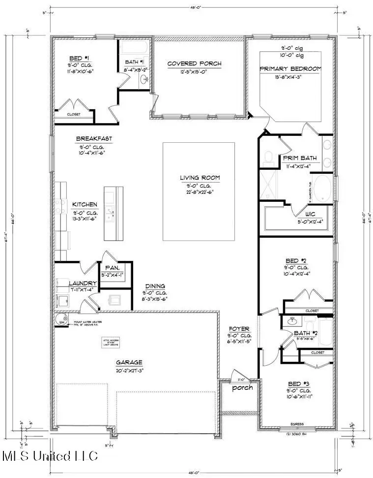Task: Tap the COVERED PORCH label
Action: pos(194,64)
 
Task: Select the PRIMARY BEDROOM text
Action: pos(290,68)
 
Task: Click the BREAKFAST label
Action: pos(94,139)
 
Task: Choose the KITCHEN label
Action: pos(85,204)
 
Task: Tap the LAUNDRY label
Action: pos(82,284)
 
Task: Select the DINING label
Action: pos(155,286)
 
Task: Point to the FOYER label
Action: pos(239,329)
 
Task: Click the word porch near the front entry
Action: pos(242,387)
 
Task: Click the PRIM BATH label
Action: pos(299,158)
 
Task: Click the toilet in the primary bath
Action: pos(268,157)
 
